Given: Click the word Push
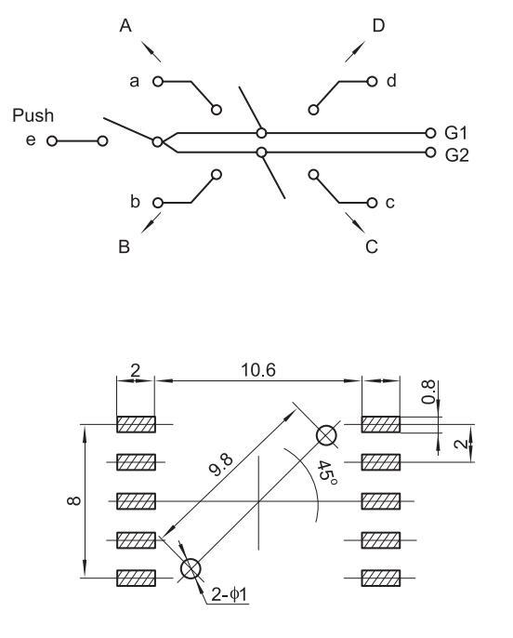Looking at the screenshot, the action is pos(33,115).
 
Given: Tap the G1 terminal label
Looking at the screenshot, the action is pos(456,133).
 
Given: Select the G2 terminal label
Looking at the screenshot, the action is pos(457,155).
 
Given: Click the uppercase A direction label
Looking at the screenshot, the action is pos(125,26).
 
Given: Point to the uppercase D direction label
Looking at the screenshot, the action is pos(378,26).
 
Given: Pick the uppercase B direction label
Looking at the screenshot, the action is pos(124,246).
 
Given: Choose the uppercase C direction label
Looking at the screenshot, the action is pos(372,246).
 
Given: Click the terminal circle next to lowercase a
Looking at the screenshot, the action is pos(158,82).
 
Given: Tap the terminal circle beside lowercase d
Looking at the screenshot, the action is pos(372,82).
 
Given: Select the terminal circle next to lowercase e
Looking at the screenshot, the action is pos(52,141).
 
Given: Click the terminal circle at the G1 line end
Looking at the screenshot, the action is pos(430,133).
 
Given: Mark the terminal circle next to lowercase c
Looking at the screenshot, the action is pos(372,203).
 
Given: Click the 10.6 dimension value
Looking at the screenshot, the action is pos(258,370).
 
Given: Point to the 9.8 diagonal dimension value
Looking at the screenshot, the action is pos(221,465).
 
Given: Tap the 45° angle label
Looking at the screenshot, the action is pos(327,473).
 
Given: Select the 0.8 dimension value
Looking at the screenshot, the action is pos(428,392).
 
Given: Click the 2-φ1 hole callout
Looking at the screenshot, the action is pos(230,595).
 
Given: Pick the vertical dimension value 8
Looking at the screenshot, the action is pos(73,501).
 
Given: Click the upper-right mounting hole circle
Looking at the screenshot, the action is pos(327,435).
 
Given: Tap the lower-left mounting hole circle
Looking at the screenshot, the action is pos(191,568).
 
